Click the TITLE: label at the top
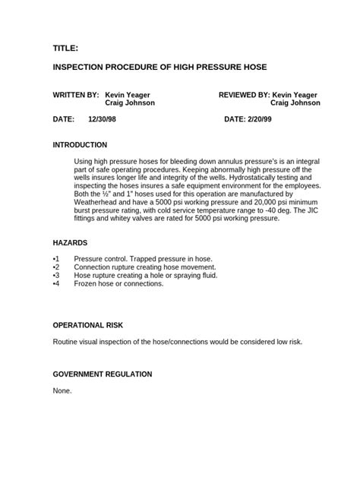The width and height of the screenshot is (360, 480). point(65,48)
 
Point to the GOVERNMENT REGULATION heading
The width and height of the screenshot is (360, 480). point(103,374)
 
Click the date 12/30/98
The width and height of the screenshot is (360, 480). point(103,120)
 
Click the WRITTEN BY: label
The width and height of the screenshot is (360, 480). point(76,95)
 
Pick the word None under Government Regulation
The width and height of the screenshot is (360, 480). point(62,390)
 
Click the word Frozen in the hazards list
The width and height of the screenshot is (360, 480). point(86,283)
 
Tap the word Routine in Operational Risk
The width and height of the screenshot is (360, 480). point(66,342)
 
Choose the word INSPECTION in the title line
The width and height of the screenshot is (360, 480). point(82,68)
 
